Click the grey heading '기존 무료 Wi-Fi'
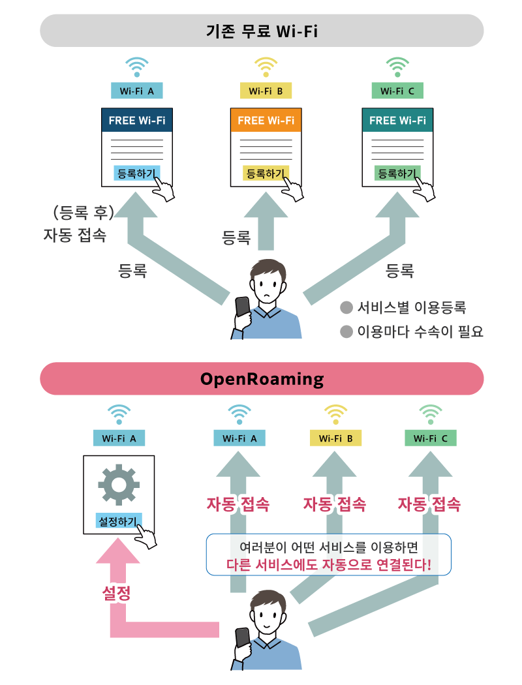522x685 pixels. [262, 31]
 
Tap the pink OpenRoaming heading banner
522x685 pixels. [262, 379]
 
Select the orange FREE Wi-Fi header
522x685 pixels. [266, 120]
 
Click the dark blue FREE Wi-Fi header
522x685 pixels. [137, 120]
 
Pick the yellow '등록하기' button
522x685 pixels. [265, 174]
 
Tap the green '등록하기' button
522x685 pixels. [397, 174]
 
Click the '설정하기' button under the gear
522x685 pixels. [118, 521]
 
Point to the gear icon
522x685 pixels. [119, 485]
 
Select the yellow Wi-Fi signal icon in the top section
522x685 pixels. [266, 67]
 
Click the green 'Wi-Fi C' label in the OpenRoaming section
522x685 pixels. [431, 438]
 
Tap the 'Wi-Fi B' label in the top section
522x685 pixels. [266, 91]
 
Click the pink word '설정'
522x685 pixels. [116, 593]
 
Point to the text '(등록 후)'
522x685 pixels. [84, 213]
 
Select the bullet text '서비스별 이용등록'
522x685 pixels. [412, 307]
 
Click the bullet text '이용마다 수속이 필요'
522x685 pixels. [420, 331]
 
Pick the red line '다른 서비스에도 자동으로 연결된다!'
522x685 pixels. [329, 565]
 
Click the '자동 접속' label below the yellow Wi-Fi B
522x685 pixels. [335, 504]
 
